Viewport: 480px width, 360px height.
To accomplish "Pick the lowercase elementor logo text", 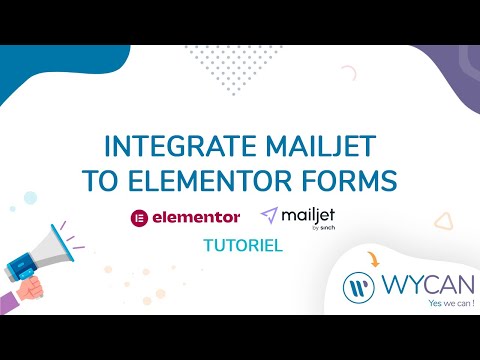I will (197, 216).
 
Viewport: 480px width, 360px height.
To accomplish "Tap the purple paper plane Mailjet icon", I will (269, 214).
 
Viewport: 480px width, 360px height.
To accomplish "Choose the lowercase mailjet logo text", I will (310, 213).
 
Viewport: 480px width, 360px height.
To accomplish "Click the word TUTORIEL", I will (239, 243).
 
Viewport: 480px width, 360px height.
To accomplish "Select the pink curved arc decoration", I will (348, 73).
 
